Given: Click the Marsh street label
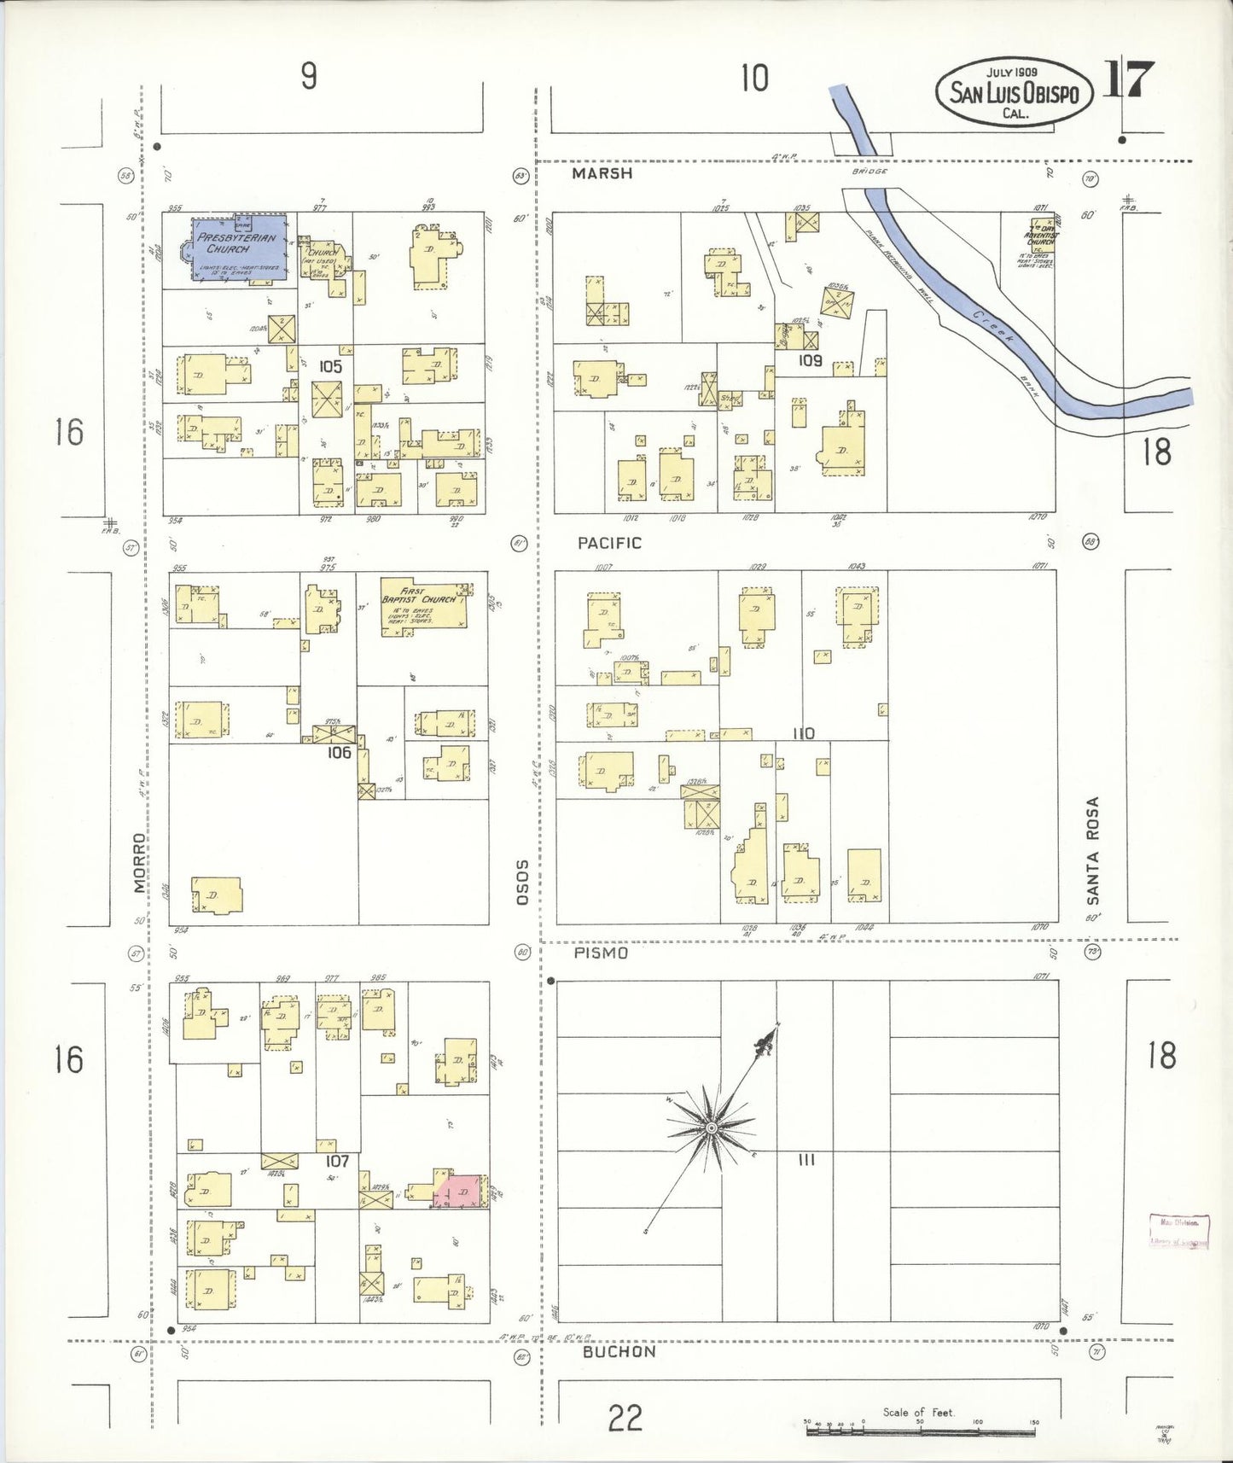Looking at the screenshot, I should pyautogui.click(x=602, y=173).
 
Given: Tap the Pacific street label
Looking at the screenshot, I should pyautogui.click(x=608, y=543).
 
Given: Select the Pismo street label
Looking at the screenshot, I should pyautogui.click(x=601, y=953).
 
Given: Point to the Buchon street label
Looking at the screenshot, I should pyautogui.click(x=619, y=1352).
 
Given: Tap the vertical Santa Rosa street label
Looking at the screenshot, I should pyautogui.click(x=1092, y=850).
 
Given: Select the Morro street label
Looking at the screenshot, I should pyautogui.click(x=140, y=863).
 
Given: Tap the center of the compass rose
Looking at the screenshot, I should pyautogui.click(x=711, y=1128).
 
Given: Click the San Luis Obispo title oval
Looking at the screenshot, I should pyautogui.click(x=1014, y=92).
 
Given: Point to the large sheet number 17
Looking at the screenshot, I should pyautogui.click(x=1130, y=81).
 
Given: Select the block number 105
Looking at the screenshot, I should pyautogui.click(x=330, y=366).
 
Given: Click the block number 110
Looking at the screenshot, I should pyautogui.click(x=803, y=733).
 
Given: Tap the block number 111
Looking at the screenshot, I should pyautogui.click(x=806, y=1160).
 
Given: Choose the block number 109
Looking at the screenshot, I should pyautogui.click(x=810, y=360).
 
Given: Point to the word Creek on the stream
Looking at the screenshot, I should pyautogui.click(x=992, y=327).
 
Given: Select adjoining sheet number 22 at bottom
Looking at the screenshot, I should pyautogui.click(x=625, y=1419).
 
